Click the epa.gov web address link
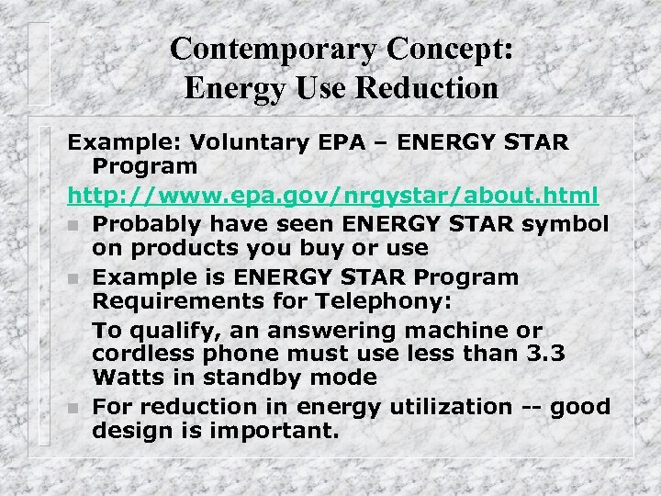click(332, 196)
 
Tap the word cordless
click(142, 354)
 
